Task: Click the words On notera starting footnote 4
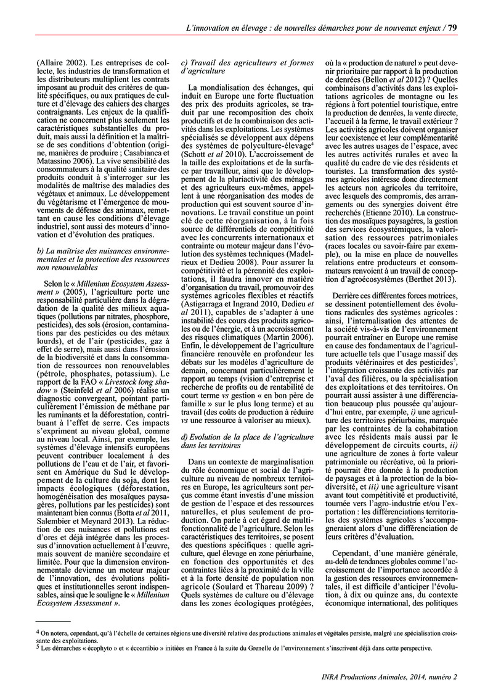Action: tap(54, 632)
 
